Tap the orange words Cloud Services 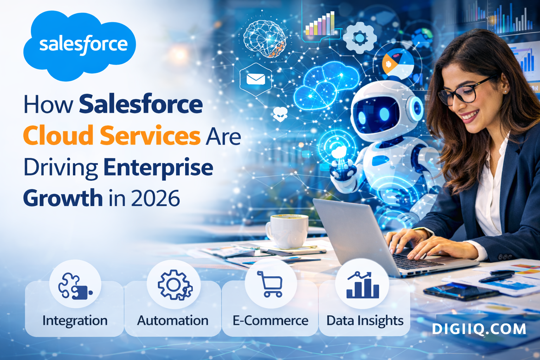111,136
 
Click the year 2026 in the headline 155,198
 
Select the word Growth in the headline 63,198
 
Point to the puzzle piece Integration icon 75,285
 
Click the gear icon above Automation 174,285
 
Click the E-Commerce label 270,321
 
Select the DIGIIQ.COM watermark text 479,329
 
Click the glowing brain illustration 265,38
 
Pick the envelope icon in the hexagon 256,79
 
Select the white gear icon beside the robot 359,38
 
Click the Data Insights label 365,321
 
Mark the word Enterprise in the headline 159,167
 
